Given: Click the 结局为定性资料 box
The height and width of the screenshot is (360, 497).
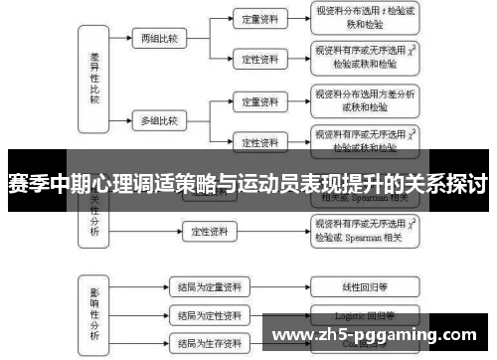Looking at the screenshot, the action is pyautogui.click(x=208, y=316).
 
